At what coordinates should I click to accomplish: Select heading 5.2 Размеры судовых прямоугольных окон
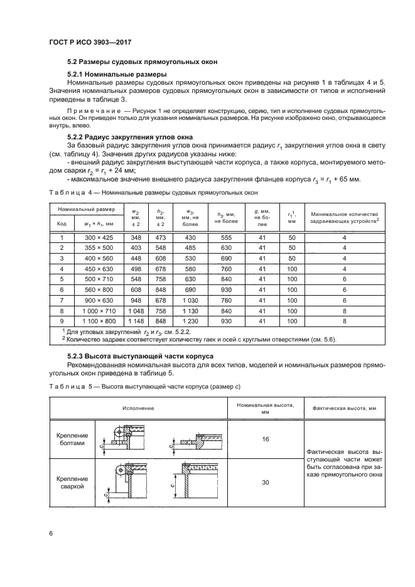tap(143, 62)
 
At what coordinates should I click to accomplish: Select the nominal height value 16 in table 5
tap(266, 440)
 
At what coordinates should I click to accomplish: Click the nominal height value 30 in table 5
tap(266, 483)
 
